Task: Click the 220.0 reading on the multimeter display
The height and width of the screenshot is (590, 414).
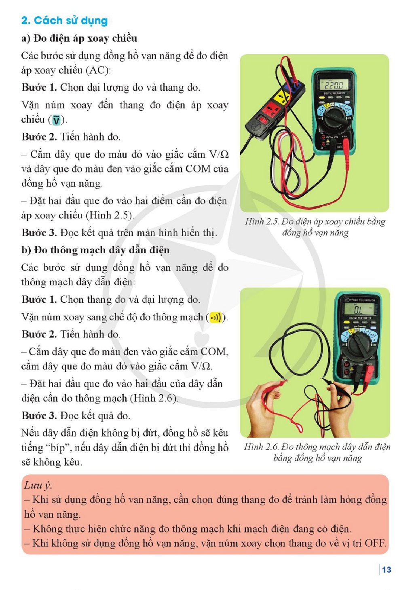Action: click(x=334, y=85)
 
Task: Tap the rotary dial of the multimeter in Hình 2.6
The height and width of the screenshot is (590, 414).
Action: click(x=360, y=346)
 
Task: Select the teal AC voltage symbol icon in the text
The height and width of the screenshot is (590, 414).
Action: click(x=57, y=120)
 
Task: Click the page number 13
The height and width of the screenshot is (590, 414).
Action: click(x=387, y=569)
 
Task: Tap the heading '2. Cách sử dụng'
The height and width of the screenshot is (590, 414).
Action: click(x=64, y=21)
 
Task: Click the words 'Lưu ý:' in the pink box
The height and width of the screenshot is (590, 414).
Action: click(x=38, y=485)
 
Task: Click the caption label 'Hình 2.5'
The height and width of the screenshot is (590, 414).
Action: click(x=262, y=221)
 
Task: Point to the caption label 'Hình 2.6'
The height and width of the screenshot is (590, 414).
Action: click(x=262, y=446)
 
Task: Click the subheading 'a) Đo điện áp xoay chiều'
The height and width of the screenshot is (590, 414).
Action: click(x=79, y=38)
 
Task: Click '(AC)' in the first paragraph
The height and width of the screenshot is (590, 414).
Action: click(x=98, y=70)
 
